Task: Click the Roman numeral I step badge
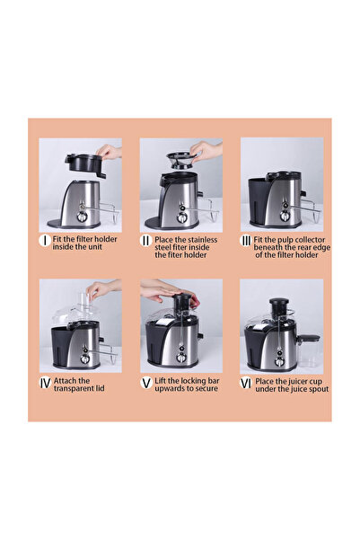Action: [x=44, y=241]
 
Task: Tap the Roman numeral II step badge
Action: [x=145, y=241]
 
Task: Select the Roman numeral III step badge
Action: [x=246, y=241]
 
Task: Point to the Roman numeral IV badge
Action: [x=44, y=382]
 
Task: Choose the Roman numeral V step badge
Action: [x=145, y=382]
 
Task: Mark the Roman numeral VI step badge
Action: [x=246, y=382]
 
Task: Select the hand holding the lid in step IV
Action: [x=102, y=288]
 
